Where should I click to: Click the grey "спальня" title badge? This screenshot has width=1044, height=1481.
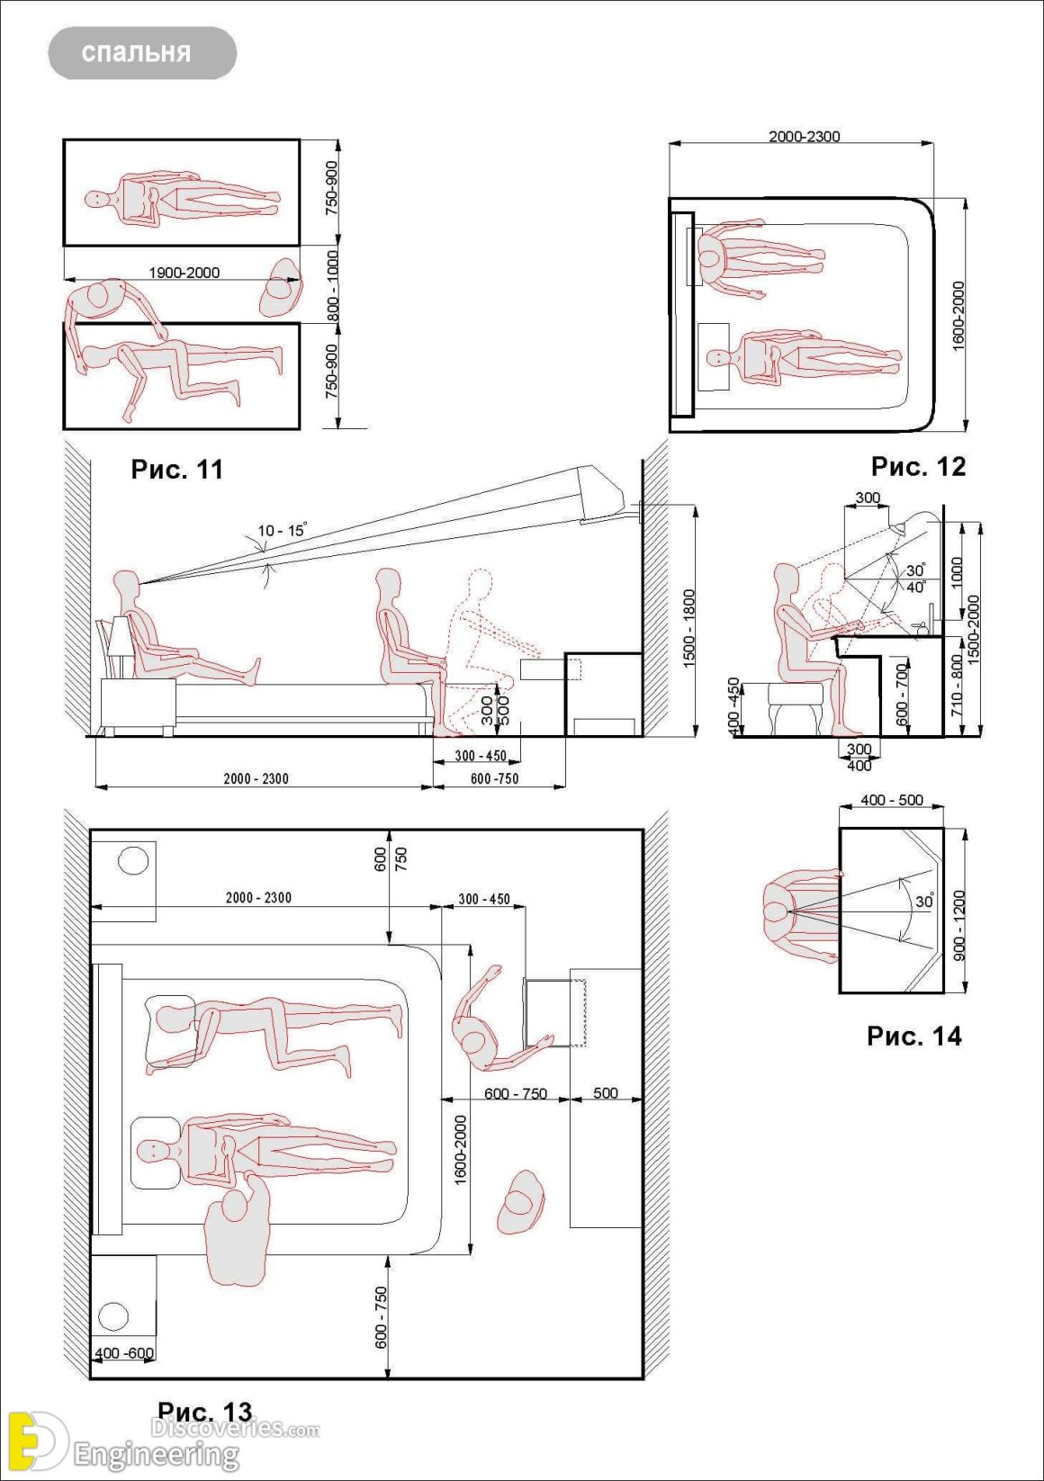(x=142, y=52)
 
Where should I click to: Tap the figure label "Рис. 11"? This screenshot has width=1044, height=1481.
(x=176, y=470)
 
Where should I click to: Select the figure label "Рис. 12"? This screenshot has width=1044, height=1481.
(x=917, y=466)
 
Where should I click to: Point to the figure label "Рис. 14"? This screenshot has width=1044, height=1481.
(x=913, y=1036)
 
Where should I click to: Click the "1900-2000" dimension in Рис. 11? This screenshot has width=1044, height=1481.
(x=184, y=273)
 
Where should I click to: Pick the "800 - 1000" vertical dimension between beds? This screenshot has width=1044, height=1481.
(x=332, y=284)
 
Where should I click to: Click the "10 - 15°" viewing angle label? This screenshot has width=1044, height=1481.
(x=282, y=531)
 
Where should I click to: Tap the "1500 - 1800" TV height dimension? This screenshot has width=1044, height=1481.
(x=689, y=628)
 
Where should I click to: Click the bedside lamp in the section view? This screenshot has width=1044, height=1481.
(x=117, y=638)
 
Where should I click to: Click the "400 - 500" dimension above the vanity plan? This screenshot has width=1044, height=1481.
(x=891, y=800)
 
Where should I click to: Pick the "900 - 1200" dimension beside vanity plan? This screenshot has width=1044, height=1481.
(x=959, y=924)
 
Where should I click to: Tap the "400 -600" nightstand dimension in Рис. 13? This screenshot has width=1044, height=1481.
(x=124, y=1353)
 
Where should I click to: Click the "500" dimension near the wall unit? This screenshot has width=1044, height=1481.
(x=605, y=1093)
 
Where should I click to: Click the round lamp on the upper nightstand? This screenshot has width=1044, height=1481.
(x=133, y=861)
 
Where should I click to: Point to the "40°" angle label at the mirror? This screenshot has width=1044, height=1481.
(x=915, y=587)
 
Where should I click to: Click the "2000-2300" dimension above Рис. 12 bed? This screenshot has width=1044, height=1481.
(x=804, y=137)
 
